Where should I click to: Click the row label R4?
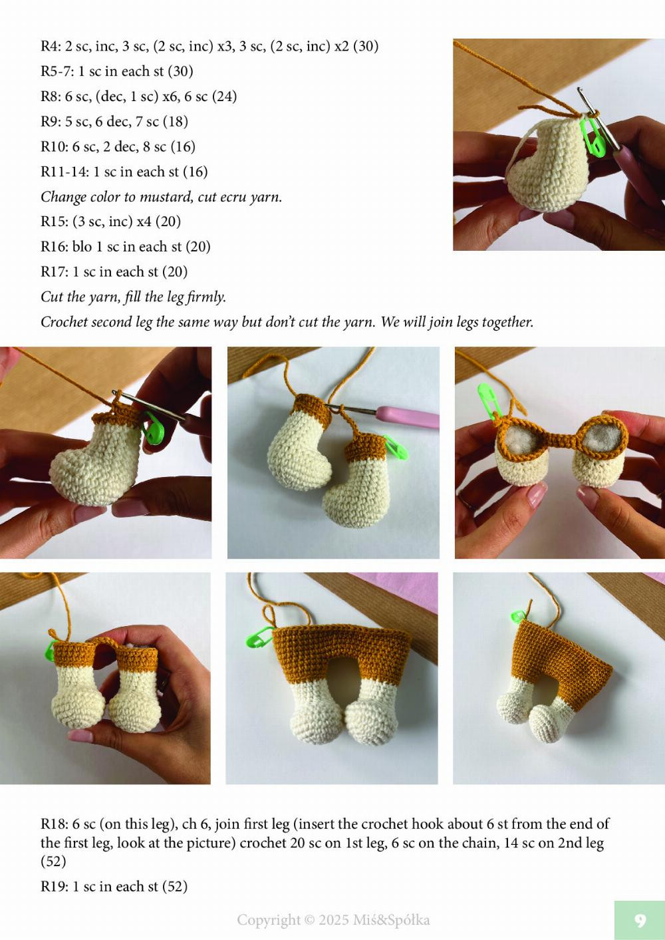(51, 47)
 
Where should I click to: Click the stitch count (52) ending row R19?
(173, 887)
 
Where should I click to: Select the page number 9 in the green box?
(640, 920)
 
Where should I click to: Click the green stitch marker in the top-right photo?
(589, 130)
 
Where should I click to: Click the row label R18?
(53, 824)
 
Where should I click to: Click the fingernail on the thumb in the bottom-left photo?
(80, 736)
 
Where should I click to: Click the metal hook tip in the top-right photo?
(583, 96)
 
